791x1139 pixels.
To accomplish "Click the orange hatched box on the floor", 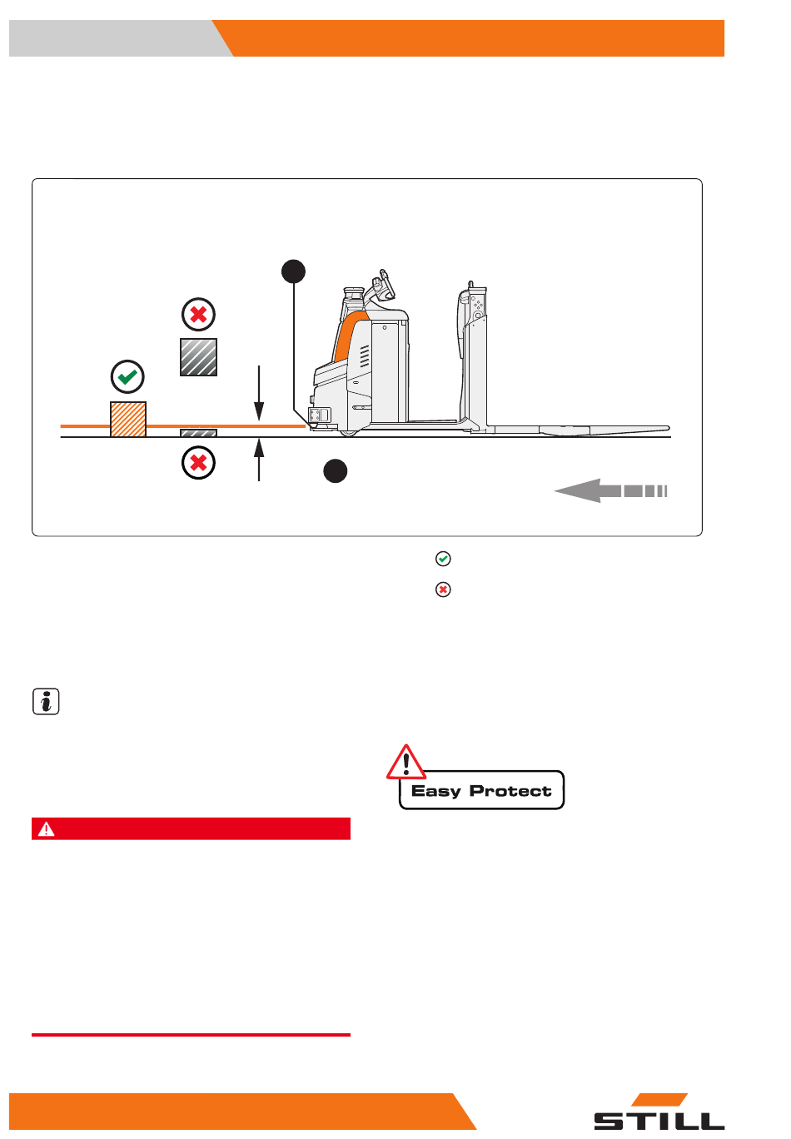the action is tap(127, 419).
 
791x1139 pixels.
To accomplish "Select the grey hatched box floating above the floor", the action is tap(198, 357).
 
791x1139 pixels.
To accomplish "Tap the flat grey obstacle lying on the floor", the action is tap(198, 433).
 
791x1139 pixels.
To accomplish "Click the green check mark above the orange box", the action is tap(127, 377).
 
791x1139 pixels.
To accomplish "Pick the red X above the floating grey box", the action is tap(198, 314).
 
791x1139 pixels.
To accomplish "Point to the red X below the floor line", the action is tap(198, 463).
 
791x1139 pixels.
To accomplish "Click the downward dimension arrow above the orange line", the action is tap(259, 392).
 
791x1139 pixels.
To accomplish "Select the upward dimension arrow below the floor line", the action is tap(259, 460).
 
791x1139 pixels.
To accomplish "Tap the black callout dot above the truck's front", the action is tap(293, 271).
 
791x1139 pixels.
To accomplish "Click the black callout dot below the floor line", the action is tap(335, 471).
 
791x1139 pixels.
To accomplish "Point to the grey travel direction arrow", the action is tap(610, 490).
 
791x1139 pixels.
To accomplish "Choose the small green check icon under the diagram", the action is tap(443, 559).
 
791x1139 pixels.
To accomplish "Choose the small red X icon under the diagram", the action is tap(443, 589).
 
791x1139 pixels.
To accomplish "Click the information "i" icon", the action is tap(46, 701).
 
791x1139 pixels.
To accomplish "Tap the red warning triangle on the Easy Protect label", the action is tap(405, 763).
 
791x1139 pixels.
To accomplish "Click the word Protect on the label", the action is tap(510, 791).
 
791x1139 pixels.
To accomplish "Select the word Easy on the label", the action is tap(435, 792).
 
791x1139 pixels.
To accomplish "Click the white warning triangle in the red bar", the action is tap(46, 829).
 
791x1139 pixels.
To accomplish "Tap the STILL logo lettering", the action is tap(659, 1121).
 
